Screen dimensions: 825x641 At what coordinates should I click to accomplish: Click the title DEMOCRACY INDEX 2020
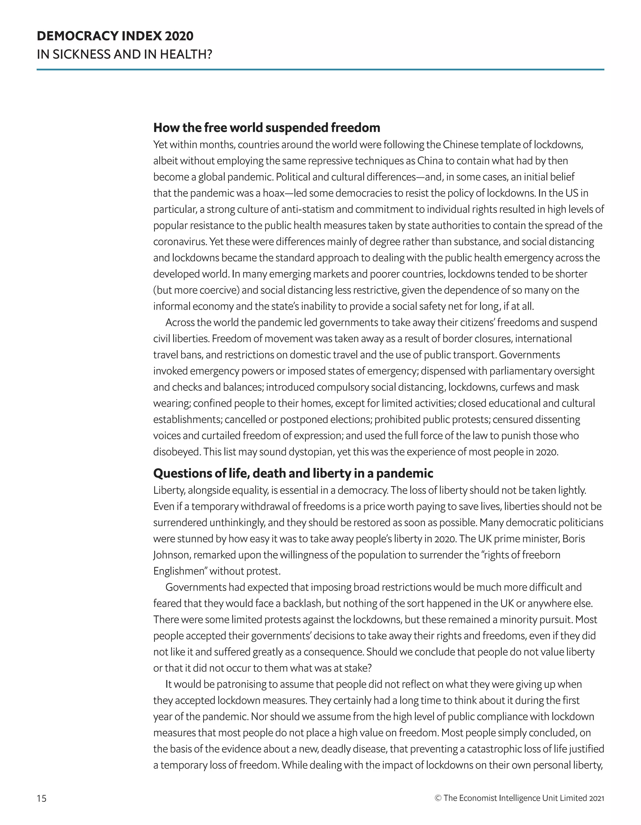point(115,36)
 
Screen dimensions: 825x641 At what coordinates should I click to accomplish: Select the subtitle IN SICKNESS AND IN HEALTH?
point(125,55)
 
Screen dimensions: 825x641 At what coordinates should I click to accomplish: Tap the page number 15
point(42,798)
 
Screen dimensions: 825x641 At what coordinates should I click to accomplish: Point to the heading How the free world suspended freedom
point(266,128)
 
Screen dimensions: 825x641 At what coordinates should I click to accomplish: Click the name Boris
point(573,539)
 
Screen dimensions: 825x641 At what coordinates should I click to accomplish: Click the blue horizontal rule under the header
point(320,70)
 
